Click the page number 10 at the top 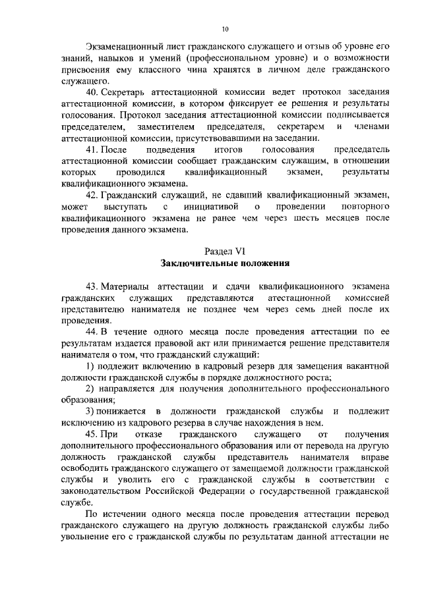[x=225, y=29]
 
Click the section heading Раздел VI [x=225, y=252]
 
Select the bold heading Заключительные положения [x=225, y=263]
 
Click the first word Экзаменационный [x=125, y=47]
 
